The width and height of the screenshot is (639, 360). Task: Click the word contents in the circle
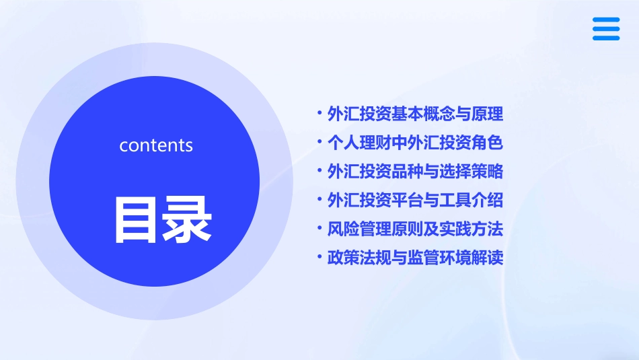156,145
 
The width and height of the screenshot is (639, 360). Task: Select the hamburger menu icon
606,29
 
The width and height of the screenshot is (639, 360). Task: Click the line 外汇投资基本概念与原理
415,114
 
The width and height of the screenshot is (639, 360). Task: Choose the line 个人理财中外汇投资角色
415,143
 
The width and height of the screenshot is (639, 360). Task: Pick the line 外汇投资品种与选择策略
415,172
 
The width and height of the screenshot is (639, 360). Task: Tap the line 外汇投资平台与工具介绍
415,201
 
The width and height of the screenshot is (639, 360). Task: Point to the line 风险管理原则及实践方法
415,229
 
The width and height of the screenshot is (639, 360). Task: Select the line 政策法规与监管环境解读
415,258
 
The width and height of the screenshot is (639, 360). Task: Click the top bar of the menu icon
606,20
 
